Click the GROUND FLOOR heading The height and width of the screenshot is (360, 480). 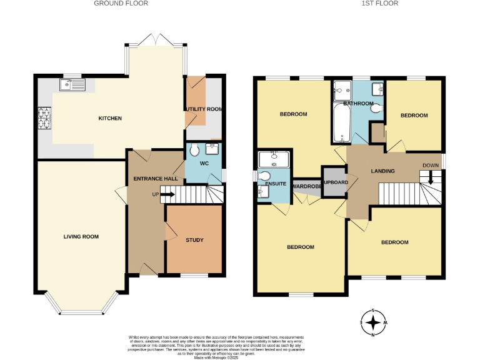point(121,4)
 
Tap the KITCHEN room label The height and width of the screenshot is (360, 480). point(110,118)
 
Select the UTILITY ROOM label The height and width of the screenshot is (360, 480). point(204,109)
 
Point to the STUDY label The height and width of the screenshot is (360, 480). point(194,240)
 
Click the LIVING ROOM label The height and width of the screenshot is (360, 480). point(81,236)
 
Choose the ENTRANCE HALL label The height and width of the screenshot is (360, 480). point(156,179)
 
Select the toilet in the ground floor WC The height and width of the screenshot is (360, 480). point(194,150)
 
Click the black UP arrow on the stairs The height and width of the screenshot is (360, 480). point(167,194)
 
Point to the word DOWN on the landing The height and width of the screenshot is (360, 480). point(431,166)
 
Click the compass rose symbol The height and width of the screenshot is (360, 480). point(373,323)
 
